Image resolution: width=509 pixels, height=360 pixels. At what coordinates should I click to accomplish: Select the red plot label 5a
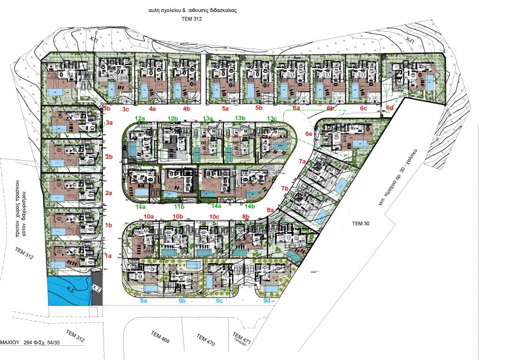tap(225, 108)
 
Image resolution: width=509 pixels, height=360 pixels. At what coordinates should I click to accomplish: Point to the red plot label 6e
tap(309, 134)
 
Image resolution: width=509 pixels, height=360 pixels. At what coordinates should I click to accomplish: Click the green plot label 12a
tap(140, 118)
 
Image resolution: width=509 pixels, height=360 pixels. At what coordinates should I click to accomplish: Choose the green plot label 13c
tap(272, 118)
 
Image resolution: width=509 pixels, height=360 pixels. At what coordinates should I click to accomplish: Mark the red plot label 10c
tap(214, 216)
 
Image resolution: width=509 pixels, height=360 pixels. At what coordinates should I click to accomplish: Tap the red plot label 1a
tap(109, 256)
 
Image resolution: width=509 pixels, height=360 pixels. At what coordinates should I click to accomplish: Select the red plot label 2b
tap(109, 156)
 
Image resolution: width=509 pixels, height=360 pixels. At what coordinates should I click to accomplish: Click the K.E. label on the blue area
tap(71, 289)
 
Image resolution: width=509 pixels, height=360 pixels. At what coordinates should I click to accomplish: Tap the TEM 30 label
tap(361, 224)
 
